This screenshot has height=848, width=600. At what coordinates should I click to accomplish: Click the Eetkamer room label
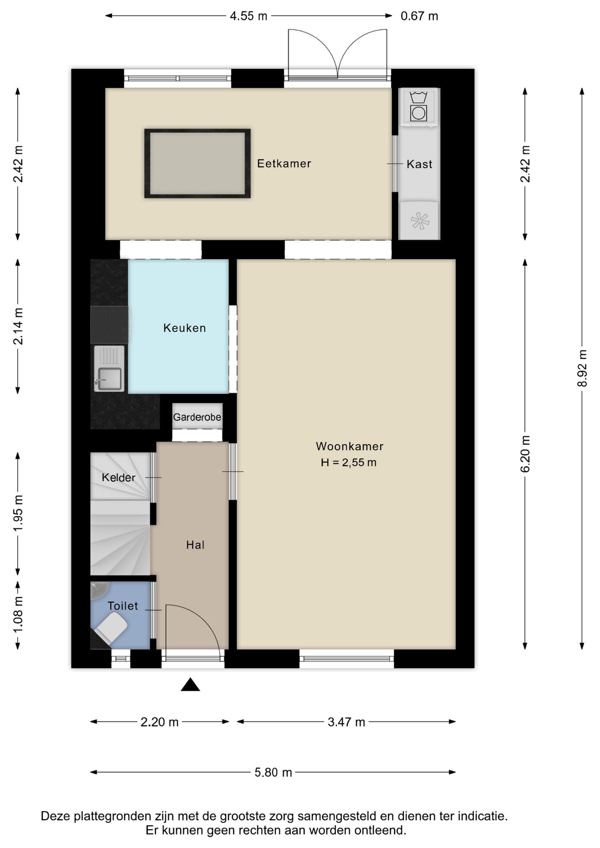[284, 163]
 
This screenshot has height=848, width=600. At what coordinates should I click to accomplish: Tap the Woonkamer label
[349, 446]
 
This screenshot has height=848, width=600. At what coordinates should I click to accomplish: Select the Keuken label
[185, 328]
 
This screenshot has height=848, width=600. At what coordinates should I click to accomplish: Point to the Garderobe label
[197, 417]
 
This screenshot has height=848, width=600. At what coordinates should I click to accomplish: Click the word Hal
[195, 545]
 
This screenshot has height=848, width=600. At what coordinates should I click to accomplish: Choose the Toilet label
[123, 606]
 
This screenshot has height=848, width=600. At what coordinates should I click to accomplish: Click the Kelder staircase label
[118, 477]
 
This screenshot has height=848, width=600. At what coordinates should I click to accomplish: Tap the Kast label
[419, 164]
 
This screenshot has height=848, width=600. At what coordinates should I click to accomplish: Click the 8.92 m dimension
[582, 368]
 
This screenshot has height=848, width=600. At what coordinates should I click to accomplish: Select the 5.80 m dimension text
[273, 772]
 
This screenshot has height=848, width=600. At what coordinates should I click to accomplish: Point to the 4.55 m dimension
[248, 16]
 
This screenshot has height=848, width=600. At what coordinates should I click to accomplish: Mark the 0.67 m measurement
[419, 16]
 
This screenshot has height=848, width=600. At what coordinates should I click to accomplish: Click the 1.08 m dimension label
[18, 614]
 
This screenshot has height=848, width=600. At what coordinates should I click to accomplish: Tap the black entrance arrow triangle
[190, 685]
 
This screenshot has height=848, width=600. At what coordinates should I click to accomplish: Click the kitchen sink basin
[110, 379]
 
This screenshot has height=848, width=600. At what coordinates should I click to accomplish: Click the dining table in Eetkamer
[197, 163]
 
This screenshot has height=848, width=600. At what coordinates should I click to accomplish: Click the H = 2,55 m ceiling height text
[349, 462]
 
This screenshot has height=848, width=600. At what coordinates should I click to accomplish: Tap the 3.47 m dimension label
[346, 722]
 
